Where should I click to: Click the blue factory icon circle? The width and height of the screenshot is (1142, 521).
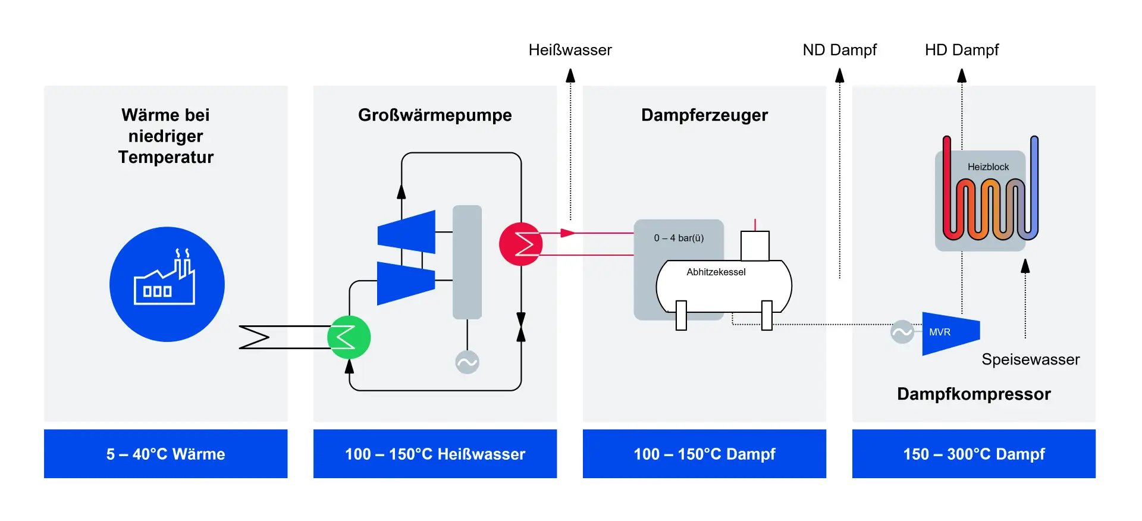pos(167,284)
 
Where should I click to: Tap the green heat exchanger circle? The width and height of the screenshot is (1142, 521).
pos(349,337)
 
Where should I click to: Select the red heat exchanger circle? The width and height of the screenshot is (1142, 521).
pos(520,244)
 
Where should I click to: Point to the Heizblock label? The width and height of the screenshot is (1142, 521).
pos(988,167)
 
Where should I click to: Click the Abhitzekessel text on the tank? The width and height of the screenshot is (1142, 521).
pos(716,272)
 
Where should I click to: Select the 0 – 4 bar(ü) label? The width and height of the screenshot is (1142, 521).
pos(679,238)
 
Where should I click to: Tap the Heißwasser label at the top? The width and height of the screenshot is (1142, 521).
pos(570,50)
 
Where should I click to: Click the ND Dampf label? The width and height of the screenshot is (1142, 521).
pos(839,50)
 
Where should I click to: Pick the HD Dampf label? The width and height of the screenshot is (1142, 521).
pos(961,50)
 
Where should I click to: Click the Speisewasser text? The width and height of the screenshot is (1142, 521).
pos(1030,359)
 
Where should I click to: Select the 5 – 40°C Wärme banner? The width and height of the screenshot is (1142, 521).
pos(165,454)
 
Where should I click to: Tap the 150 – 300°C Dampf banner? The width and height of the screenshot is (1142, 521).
pos(973,454)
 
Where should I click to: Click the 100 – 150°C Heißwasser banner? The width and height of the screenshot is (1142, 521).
pos(435,454)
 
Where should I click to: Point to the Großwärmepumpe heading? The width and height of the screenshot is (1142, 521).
pos(435,115)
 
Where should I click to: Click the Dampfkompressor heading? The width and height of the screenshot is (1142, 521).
pos(973,394)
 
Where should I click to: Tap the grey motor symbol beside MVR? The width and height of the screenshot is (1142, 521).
pos(902,332)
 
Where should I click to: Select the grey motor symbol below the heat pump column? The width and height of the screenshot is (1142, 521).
pos(467,362)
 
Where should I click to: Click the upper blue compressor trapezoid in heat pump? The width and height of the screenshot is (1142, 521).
pos(407,232)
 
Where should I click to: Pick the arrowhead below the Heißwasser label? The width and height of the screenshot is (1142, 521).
pos(570,76)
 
